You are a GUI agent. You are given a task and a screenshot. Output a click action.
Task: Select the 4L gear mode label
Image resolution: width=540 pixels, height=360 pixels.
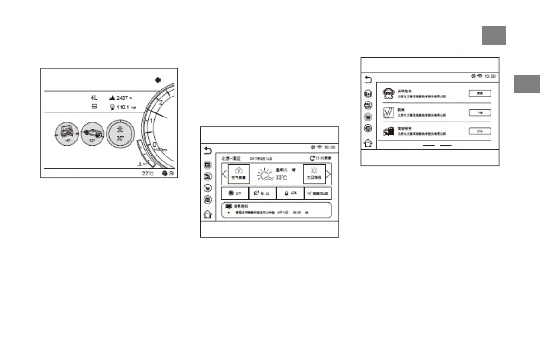click(x=94, y=97)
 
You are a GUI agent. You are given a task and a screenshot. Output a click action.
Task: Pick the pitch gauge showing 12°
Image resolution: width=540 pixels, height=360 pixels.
click(x=92, y=135)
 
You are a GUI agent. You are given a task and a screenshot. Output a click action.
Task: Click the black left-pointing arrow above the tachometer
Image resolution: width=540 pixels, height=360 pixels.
click(x=158, y=80)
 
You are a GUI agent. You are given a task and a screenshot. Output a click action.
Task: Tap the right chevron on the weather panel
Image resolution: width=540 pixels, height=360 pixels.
click(x=328, y=174)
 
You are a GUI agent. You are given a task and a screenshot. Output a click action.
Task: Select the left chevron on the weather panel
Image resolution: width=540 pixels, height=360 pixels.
click(x=224, y=174)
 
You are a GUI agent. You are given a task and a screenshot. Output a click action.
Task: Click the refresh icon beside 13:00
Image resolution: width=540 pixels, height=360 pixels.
click(x=312, y=158)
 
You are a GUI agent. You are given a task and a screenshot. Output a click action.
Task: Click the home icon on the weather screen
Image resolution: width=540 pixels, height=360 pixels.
click(x=208, y=215)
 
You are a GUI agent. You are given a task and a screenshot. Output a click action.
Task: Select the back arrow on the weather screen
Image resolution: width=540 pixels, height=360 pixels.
click(x=208, y=150)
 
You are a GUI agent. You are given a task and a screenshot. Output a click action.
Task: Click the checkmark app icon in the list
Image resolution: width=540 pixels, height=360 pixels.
click(x=388, y=113)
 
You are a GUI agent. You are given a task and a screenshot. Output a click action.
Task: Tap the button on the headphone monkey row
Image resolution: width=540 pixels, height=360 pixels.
click(x=480, y=93)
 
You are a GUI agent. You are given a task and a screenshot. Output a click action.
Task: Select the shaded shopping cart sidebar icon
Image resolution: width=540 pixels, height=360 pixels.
click(x=368, y=117)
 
